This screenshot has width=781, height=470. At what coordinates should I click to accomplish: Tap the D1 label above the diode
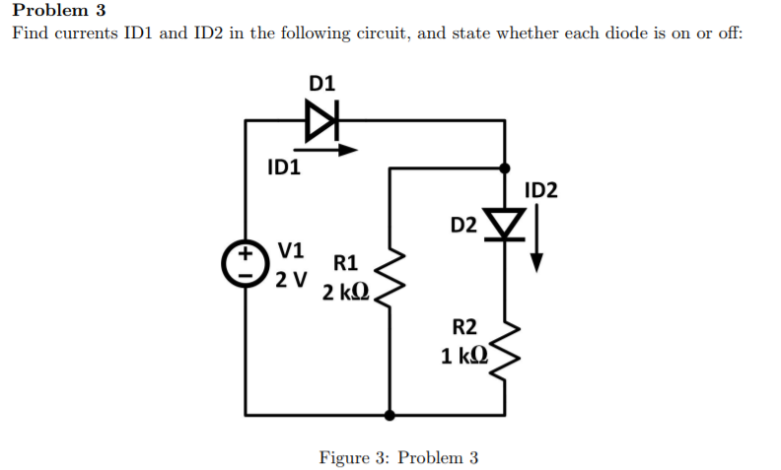click(x=321, y=84)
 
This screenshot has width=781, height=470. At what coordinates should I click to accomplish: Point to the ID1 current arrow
click(x=329, y=151)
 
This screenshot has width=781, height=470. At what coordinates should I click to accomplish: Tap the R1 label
click(x=346, y=263)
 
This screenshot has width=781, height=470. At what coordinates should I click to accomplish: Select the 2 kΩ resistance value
click(x=346, y=293)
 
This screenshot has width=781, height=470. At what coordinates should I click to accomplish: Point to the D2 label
click(x=463, y=225)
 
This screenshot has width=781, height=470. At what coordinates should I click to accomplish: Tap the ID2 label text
click(x=541, y=190)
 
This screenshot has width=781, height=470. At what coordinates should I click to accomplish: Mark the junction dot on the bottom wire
click(x=391, y=415)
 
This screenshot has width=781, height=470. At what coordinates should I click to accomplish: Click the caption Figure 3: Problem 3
click(x=398, y=457)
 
